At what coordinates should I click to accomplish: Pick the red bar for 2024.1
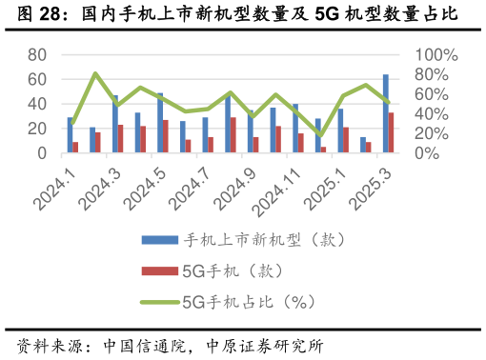click(x=75, y=147)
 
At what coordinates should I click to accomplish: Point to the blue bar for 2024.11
click(x=295, y=128)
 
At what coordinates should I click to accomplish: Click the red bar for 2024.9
click(x=255, y=144)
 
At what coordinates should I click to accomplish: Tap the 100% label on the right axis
click(x=437, y=55)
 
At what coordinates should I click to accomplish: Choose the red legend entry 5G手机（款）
click(x=219, y=270)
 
